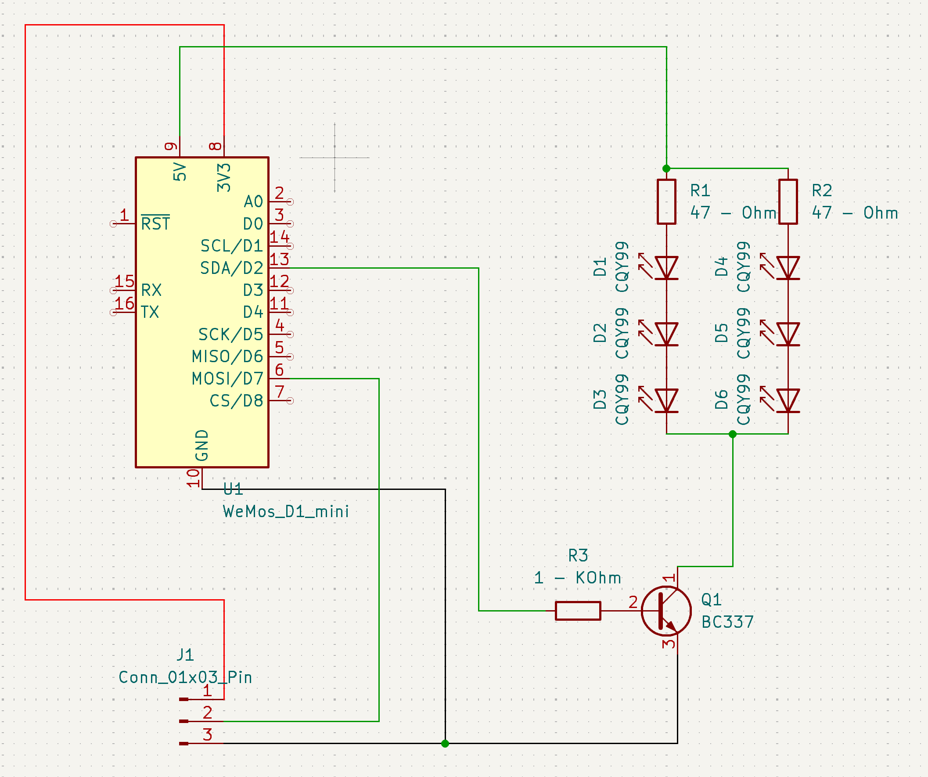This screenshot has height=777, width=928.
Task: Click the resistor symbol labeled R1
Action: (666, 201)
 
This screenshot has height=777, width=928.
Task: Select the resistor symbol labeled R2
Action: (788, 201)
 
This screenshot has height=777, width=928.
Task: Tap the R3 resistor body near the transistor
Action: (578, 611)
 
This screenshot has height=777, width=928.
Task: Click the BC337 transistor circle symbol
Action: (666, 611)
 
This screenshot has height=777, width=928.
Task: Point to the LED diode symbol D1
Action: (666, 268)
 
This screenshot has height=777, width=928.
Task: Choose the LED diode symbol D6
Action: (788, 400)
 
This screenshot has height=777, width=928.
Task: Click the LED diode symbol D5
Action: (788, 334)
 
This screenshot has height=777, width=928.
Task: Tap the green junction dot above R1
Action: (666, 169)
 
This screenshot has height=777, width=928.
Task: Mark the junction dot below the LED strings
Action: (733, 434)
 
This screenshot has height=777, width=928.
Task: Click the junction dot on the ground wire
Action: (445, 743)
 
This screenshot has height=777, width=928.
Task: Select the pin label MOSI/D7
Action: (227, 379)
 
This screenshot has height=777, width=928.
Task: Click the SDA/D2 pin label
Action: (231, 268)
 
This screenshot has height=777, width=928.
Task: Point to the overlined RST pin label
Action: (155, 223)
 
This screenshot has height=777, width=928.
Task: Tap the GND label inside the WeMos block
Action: (202, 445)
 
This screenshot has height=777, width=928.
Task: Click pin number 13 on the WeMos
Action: (279, 259)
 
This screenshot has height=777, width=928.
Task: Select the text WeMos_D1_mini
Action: (286, 511)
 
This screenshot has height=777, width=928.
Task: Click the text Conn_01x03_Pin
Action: (185, 677)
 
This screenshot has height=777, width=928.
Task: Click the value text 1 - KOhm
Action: (578, 578)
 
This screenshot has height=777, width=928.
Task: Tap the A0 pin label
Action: (253, 201)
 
